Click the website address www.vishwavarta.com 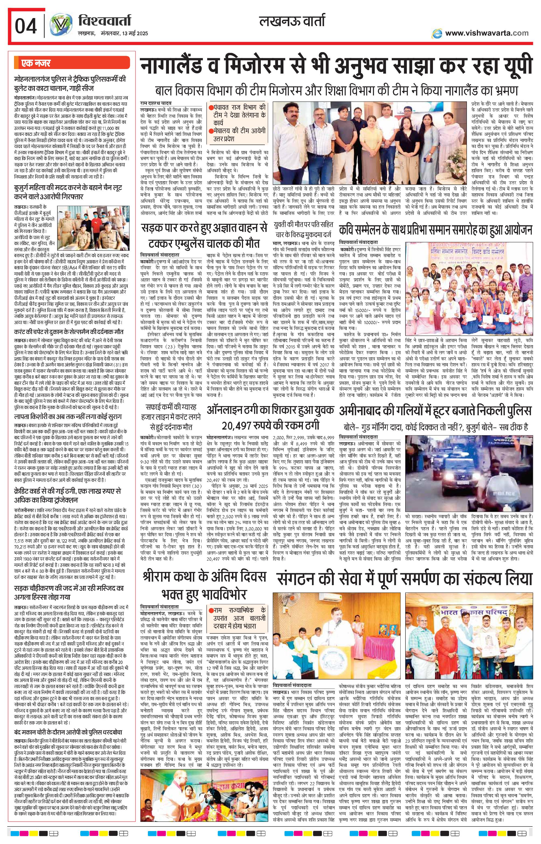tap(487, 33)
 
